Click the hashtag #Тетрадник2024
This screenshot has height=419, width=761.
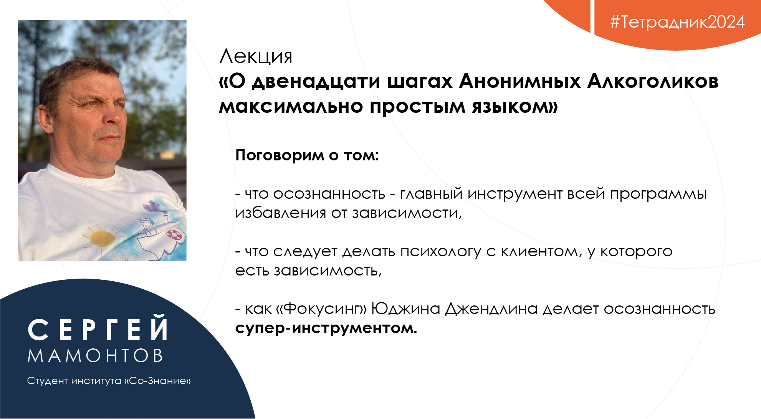(x=678, y=22)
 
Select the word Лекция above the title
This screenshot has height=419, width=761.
(x=256, y=57)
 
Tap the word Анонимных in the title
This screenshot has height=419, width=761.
(x=520, y=81)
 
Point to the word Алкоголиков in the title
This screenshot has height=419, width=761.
(x=653, y=81)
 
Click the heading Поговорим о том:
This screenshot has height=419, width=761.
(x=307, y=155)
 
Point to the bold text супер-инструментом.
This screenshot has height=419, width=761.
(x=326, y=328)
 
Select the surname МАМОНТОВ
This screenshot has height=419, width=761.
(x=95, y=356)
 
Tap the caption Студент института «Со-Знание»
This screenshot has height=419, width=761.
(x=109, y=381)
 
